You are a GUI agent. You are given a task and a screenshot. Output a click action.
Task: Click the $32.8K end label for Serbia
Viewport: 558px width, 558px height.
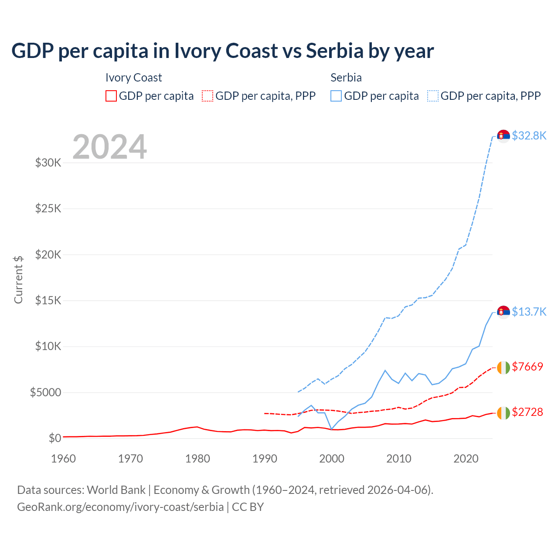click(x=529, y=136)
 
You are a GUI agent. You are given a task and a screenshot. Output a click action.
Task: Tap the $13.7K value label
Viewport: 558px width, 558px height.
click(x=529, y=312)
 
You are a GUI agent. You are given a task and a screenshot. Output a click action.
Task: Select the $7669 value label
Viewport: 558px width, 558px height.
click(x=527, y=367)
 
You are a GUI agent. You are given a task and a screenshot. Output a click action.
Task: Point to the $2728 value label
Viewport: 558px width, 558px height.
click(x=527, y=412)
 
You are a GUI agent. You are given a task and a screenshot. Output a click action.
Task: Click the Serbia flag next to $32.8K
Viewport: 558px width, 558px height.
click(x=504, y=136)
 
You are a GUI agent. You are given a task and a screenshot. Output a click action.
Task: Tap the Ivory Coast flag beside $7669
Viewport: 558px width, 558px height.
click(x=504, y=367)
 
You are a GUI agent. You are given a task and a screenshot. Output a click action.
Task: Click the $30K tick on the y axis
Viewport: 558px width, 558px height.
click(x=48, y=163)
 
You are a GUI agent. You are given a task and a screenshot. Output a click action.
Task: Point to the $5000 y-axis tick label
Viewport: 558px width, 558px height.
click(x=45, y=392)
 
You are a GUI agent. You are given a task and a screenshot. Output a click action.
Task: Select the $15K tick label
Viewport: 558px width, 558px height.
click(x=48, y=301)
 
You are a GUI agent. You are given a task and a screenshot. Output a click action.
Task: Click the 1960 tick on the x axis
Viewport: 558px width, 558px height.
click(x=63, y=459)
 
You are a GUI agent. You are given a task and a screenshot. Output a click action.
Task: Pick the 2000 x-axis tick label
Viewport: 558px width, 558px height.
click(x=332, y=459)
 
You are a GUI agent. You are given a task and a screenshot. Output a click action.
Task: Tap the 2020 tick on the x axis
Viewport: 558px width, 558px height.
click(x=466, y=459)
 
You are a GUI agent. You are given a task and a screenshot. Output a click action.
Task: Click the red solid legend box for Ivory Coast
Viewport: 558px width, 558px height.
click(x=111, y=96)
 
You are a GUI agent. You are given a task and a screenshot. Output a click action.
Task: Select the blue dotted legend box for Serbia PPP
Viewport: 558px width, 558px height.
click(x=433, y=96)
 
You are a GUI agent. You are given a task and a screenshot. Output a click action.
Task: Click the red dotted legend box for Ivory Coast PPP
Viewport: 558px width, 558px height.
click(x=208, y=96)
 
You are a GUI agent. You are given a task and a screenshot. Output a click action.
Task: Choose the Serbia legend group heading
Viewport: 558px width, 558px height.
click(x=346, y=78)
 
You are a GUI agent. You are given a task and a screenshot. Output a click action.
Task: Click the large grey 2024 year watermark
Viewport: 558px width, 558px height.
click(x=109, y=147)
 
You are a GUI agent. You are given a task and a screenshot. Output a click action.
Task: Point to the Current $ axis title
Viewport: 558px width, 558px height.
click(x=18, y=279)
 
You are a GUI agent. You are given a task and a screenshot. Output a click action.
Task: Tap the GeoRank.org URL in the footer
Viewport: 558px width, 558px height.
click(x=120, y=507)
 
